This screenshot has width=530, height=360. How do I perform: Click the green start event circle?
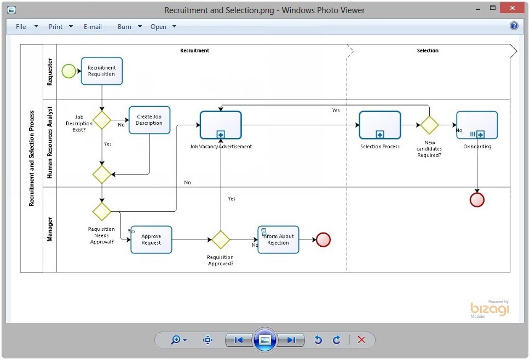click(69, 71)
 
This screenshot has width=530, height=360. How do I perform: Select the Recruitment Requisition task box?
click(102, 71)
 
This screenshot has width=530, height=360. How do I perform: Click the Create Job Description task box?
click(149, 120)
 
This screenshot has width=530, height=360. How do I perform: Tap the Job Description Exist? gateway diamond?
click(102, 120)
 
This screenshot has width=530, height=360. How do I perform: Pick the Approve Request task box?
click(151, 240)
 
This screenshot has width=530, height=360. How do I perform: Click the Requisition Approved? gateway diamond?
click(221, 240)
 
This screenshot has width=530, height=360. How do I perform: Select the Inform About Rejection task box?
click(278, 240)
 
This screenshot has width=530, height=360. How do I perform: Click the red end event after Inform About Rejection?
click(324, 240)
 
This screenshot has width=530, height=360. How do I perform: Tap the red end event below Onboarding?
click(477, 200)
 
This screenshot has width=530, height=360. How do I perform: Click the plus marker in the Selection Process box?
click(380, 135)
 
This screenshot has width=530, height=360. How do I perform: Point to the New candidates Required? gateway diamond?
click(429, 125)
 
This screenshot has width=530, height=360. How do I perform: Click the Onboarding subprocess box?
click(477, 125)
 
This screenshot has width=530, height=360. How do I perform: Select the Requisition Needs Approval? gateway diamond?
click(102, 211)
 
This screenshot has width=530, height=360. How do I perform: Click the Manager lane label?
click(50, 229)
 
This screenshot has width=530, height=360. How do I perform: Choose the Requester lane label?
click(50, 72)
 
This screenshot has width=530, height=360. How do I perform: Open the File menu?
click(21, 27)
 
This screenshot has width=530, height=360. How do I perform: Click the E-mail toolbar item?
click(93, 27)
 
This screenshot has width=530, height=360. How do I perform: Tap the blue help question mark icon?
click(514, 26)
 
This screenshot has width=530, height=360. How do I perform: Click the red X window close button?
click(512, 8)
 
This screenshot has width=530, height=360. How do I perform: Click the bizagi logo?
click(489, 309)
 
